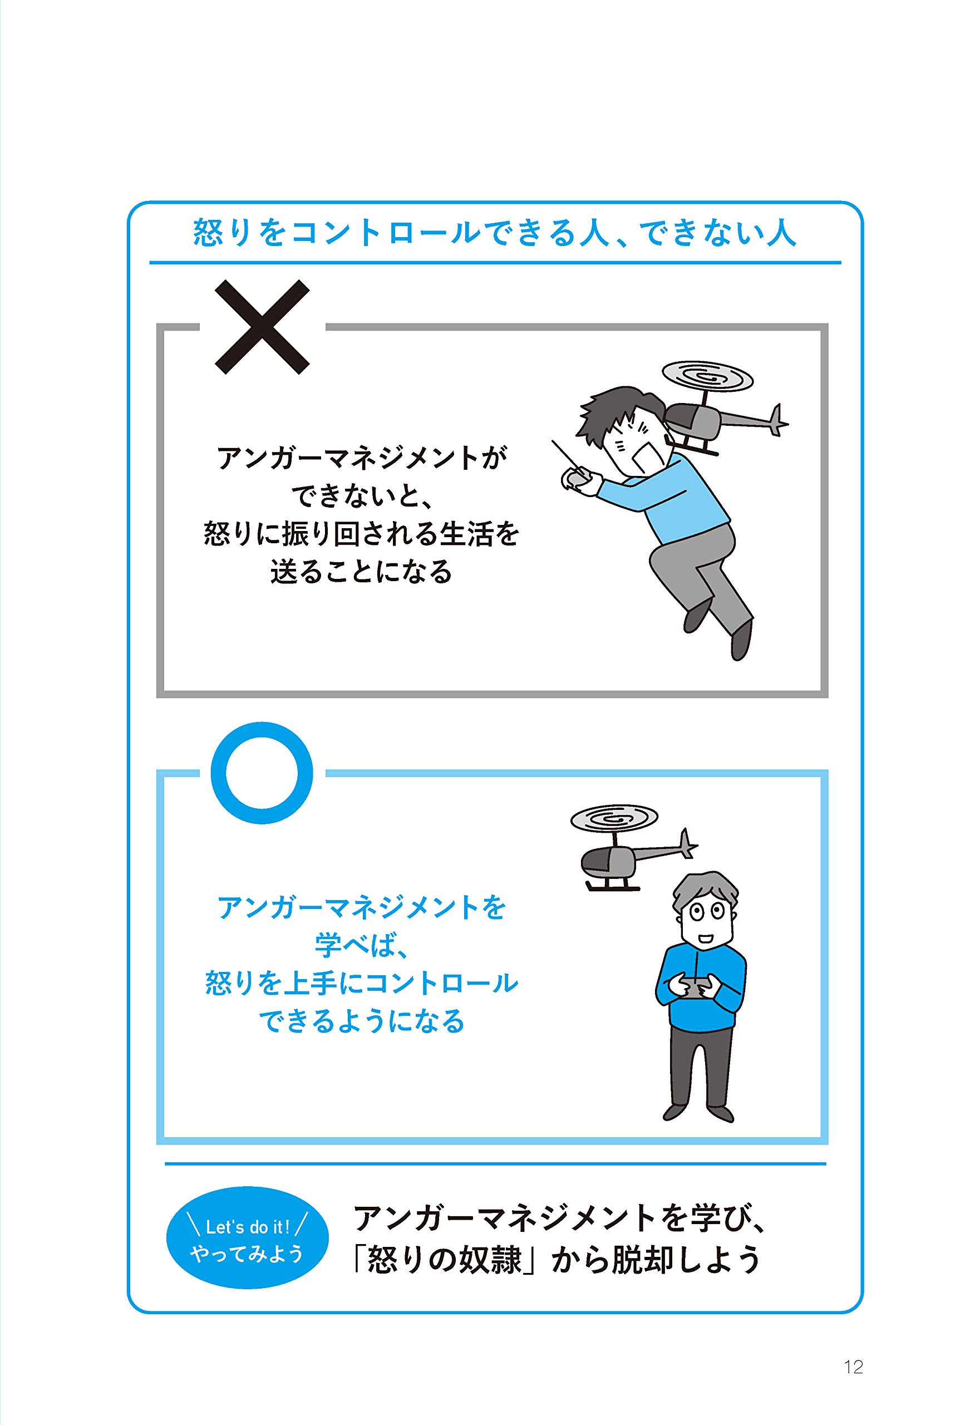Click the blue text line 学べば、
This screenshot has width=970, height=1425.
coord(361,944)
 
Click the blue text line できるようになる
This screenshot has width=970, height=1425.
coord(361,1021)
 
